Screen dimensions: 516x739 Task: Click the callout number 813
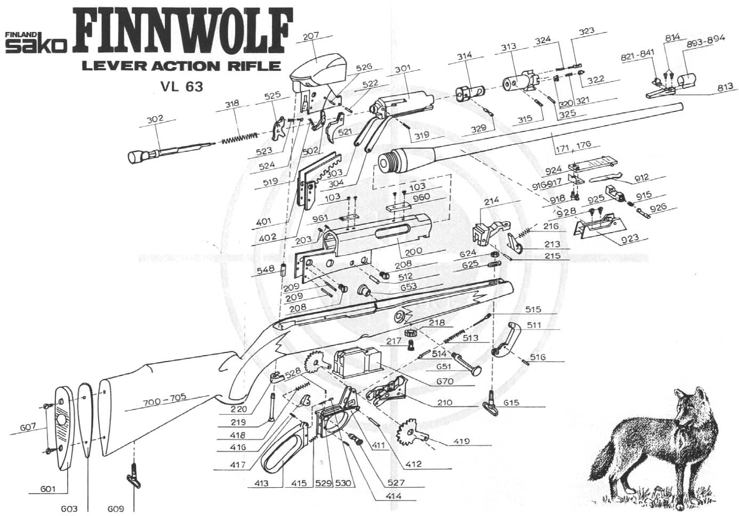point(725,87)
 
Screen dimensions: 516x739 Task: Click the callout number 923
point(629,238)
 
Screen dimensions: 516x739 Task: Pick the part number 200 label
point(413,251)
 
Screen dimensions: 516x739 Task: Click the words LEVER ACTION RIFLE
point(180,66)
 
